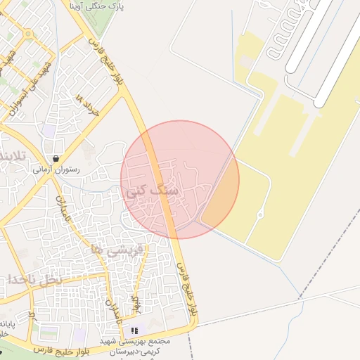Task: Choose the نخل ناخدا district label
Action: coord(32,280)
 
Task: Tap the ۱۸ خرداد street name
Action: coord(87,105)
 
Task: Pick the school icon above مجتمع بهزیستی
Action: coord(134,329)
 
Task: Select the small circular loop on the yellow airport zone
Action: coord(261,214)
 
